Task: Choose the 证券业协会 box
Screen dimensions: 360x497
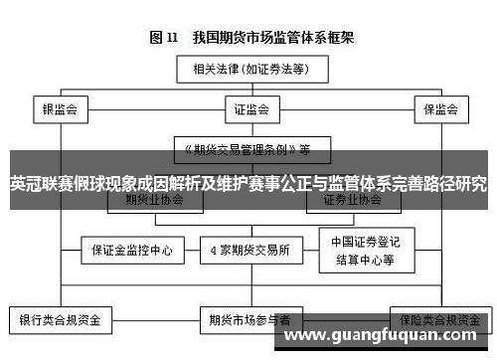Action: coord(351,200)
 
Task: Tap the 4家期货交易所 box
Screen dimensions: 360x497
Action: coord(249,250)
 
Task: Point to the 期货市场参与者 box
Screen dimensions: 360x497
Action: coord(249,320)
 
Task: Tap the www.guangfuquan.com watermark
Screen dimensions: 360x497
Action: coord(388,336)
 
